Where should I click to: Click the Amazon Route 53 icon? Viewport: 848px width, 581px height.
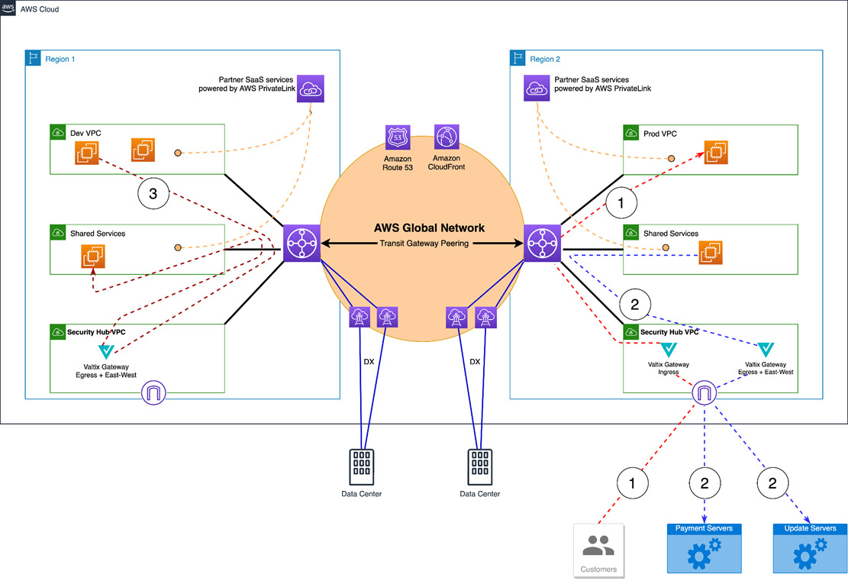[x=398, y=137]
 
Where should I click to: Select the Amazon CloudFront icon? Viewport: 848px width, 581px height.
[x=446, y=137]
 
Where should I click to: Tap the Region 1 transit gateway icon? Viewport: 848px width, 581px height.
[x=301, y=244]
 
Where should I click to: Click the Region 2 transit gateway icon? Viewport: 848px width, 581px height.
[x=542, y=244]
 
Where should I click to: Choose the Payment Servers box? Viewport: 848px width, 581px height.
[x=704, y=547]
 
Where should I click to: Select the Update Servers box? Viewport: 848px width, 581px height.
[x=810, y=547]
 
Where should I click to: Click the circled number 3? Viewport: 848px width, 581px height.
[x=153, y=194]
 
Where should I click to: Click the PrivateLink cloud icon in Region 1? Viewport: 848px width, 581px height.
[x=311, y=89]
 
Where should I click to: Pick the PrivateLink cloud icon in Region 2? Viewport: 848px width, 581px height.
[x=537, y=89]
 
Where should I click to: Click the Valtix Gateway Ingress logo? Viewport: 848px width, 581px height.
[x=669, y=350]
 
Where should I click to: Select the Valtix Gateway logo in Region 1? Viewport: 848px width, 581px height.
[x=106, y=352]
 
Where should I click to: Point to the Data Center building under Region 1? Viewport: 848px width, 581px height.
[x=362, y=466]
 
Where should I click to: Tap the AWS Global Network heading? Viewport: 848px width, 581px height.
[x=429, y=228]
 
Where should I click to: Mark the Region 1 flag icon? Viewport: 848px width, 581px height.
[x=33, y=59]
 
